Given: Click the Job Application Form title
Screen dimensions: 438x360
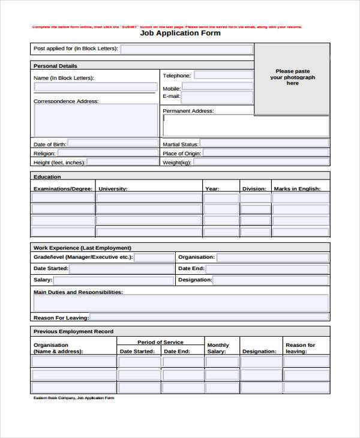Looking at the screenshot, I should (180, 34).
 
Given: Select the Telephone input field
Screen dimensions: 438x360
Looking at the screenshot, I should (223, 76).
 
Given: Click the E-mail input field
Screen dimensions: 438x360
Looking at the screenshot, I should (217, 97).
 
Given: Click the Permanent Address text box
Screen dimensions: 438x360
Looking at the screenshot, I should (245, 126).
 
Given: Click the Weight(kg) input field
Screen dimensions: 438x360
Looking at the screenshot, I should (260, 162).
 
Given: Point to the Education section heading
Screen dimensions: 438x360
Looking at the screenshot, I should (47, 176).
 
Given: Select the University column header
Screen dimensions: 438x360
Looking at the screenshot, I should (113, 189).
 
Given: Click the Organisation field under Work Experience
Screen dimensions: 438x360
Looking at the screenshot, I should (272, 257).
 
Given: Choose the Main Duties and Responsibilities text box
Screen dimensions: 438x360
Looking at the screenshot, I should (179, 302).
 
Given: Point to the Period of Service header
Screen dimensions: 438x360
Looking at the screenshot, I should (160, 342).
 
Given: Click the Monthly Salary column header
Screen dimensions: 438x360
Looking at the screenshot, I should (218, 348).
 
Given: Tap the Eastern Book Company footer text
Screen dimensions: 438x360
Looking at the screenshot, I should (73, 398).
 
